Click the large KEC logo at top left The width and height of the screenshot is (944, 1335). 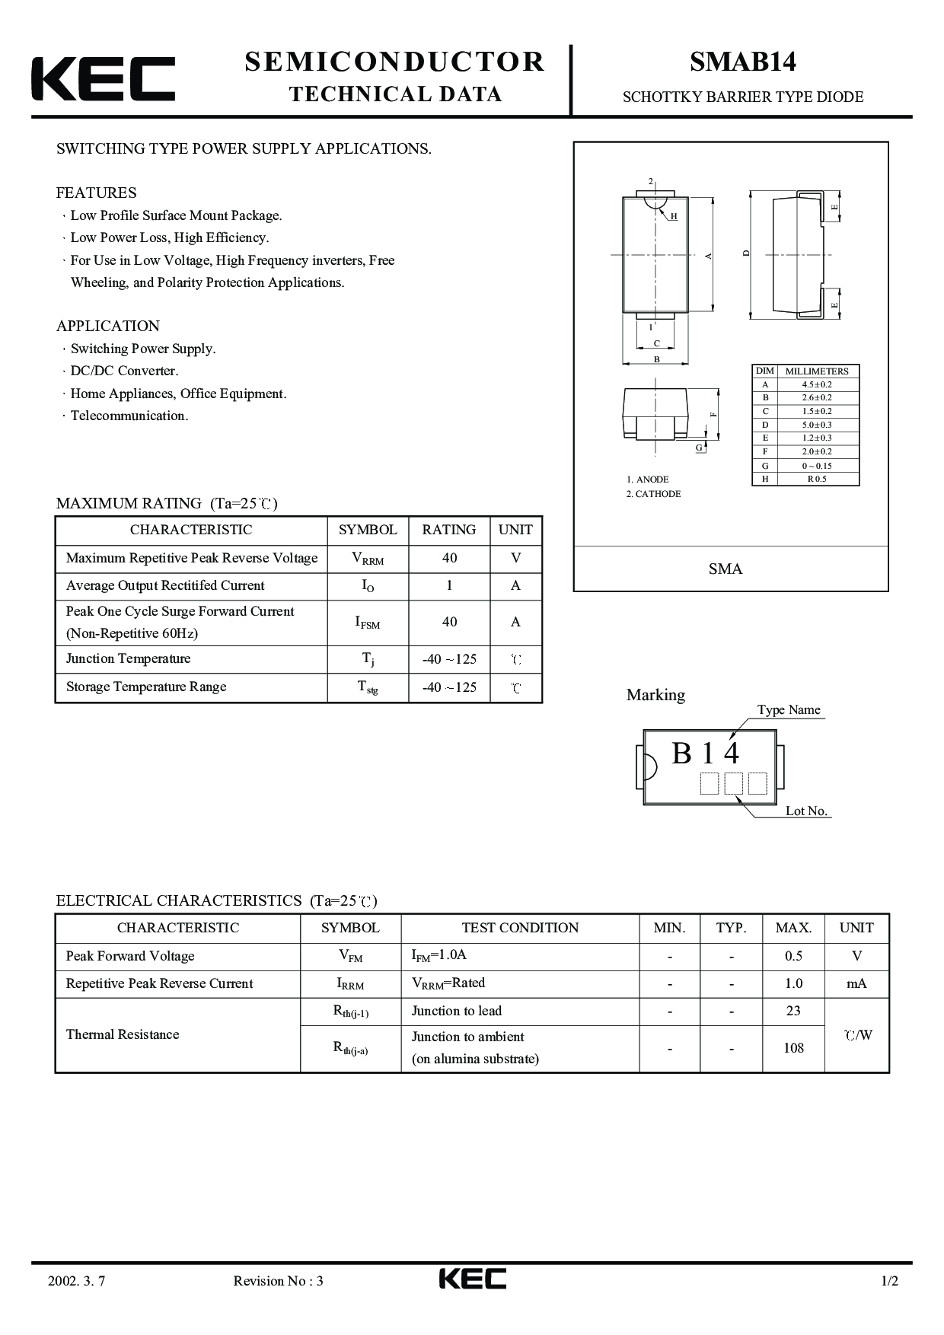coord(104,78)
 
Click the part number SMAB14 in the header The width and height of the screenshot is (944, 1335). coord(742,62)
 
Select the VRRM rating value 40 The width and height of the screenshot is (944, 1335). coord(449,559)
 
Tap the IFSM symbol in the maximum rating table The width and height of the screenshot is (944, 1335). coord(368,623)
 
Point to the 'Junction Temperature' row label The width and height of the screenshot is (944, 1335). coord(128,659)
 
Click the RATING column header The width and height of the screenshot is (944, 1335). coord(449,530)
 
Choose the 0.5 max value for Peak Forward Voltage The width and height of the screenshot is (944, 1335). coord(793,957)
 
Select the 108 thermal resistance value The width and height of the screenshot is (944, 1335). coord(793,1048)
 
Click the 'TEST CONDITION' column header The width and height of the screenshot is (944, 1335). coord(520,928)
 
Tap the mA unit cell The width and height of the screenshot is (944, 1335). coord(856,984)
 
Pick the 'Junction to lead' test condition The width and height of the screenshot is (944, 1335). coord(457,1012)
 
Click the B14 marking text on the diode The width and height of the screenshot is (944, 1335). coord(705,754)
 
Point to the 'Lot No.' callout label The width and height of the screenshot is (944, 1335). coord(806,811)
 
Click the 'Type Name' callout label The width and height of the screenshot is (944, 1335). coord(789,710)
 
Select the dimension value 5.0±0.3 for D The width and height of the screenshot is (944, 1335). coord(817,425)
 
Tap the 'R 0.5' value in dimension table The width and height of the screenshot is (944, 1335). coord(817,479)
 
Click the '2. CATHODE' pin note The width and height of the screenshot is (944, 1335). coord(653,494)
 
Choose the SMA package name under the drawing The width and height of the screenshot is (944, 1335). coord(726,569)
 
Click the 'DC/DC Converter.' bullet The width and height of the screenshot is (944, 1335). coord(124,371)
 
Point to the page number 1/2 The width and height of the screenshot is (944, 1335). coord(889,1281)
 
